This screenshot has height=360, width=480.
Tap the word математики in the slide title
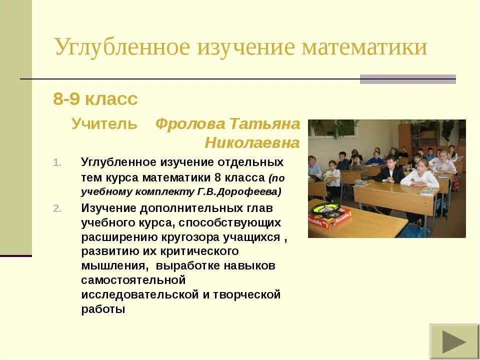[364, 48]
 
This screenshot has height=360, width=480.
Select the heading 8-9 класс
[95, 99]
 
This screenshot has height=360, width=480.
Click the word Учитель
[104, 124]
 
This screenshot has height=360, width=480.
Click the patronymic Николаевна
[252, 143]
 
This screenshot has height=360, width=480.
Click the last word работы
[103, 309]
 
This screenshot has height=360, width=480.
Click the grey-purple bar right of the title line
[407, 79]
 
